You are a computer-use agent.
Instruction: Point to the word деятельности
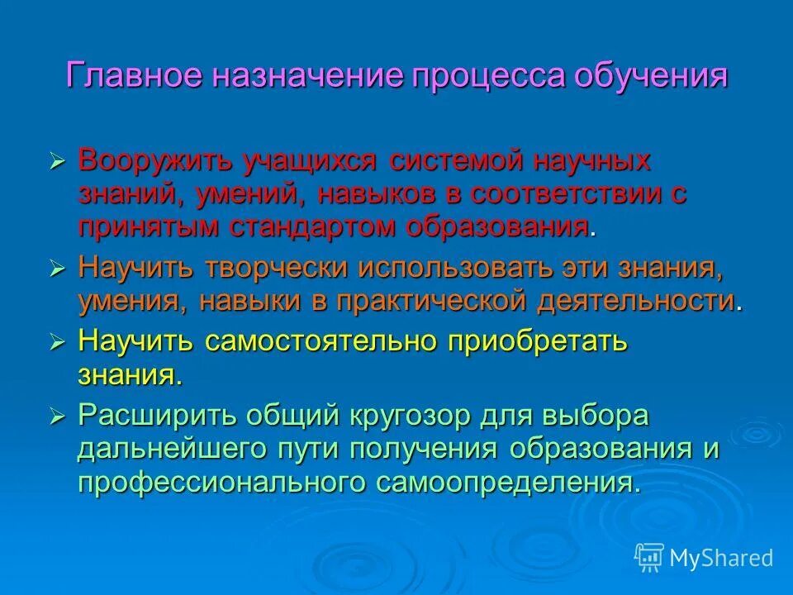pos(636,301)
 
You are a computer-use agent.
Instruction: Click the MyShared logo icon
pos(648,557)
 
